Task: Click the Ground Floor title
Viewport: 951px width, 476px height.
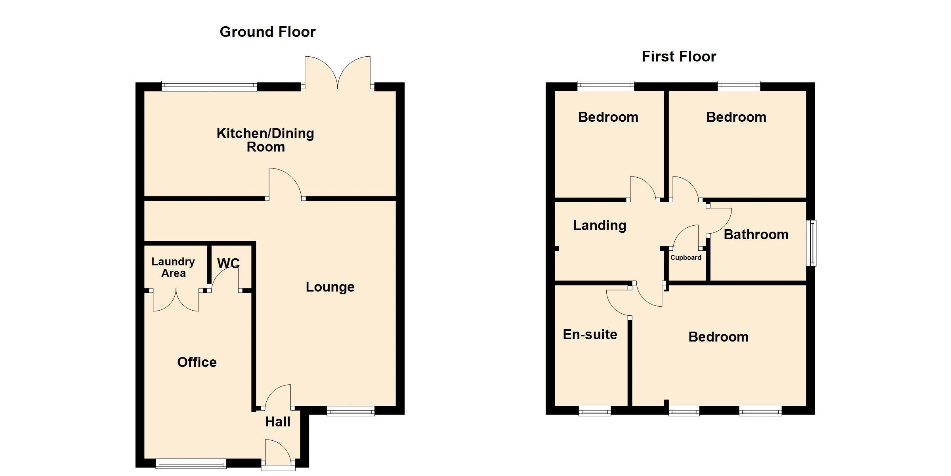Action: (x=267, y=32)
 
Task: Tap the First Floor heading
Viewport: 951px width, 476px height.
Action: (x=679, y=56)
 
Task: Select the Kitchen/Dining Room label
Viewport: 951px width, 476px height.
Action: (x=265, y=140)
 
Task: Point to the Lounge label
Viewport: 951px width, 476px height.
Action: (x=330, y=287)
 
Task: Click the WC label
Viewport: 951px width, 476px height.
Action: (x=228, y=263)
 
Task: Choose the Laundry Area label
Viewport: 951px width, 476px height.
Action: (x=173, y=267)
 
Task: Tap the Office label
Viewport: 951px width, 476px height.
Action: (x=197, y=362)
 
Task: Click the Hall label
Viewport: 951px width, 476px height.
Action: (x=278, y=422)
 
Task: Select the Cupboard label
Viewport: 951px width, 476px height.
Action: (x=686, y=258)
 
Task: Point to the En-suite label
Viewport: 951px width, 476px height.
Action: (x=590, y=334)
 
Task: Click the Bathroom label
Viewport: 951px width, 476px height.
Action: (x=756, y=234)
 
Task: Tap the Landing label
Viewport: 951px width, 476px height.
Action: (x=600, y=225)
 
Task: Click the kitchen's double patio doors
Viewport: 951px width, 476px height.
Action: (x=338, y=73)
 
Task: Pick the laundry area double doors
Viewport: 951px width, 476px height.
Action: (x=176, y=300)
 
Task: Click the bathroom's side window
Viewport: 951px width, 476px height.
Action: (x=811, y=243)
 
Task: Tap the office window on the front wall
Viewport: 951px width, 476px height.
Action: (x=191, y=463)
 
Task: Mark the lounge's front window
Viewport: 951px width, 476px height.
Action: (x=351, y=411)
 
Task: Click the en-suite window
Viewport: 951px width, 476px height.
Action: (x=595, y=411)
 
